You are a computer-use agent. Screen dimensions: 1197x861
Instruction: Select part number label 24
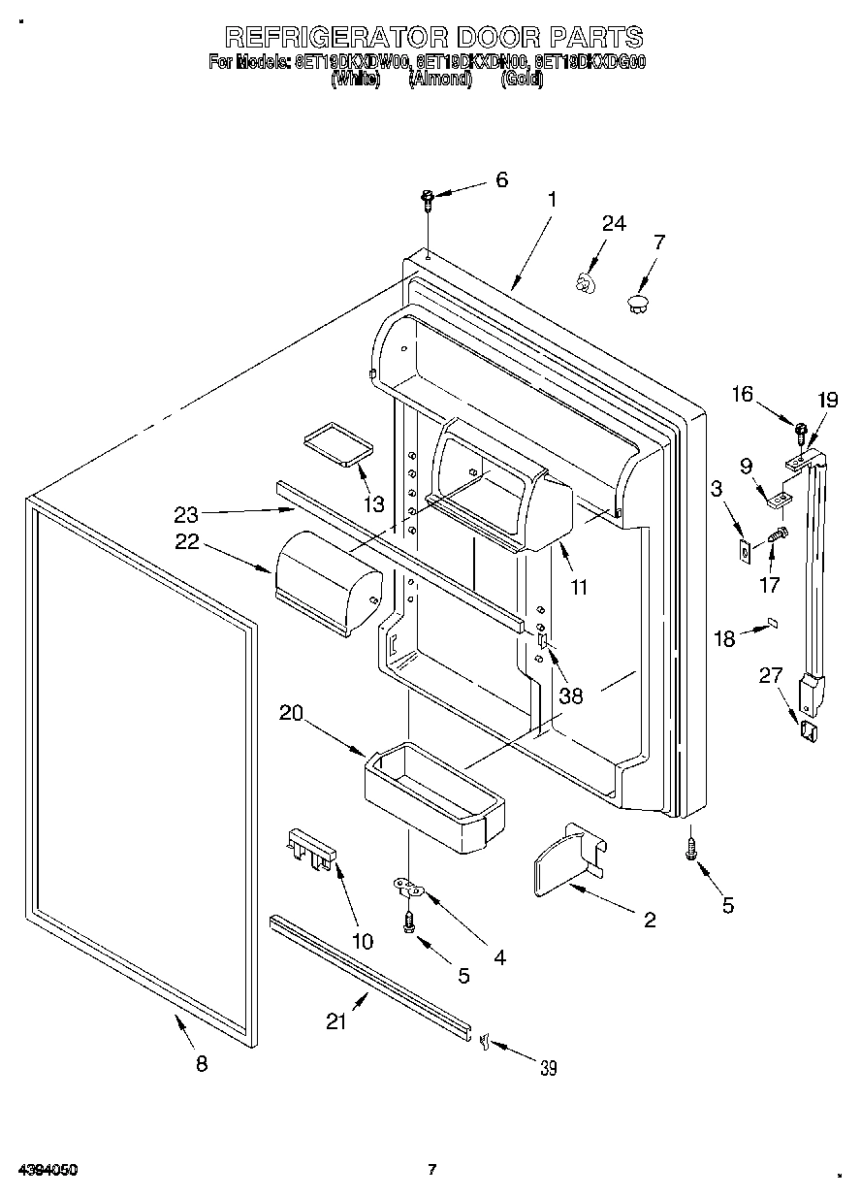pyautogui.click(x=613, y=223)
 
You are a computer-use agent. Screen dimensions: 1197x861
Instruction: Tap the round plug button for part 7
pyautogui.click(x=637, y=304)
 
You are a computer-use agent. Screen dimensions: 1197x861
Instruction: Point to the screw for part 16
pyautogui.click(x=801, y=428)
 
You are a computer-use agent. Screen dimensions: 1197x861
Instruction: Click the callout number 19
pyautogui.click(x=826, y=399)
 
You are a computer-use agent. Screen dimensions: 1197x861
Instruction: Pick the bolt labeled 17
pyautogui.click(x=778, y=533)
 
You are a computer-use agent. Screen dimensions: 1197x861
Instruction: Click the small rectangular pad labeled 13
pyautogui.click(x=337, y=443)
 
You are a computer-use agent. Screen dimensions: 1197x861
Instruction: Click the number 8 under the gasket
pyautogui.click(x=202, y=1063)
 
